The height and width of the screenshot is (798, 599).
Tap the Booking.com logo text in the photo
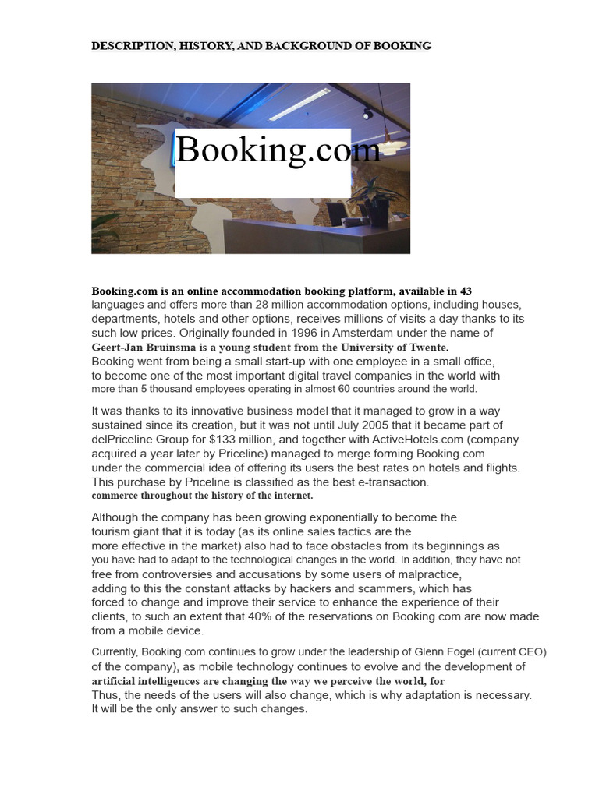pyautogui.click(x=278, y=149)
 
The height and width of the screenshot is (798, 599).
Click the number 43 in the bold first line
pyautogui.click(x=466, y=291)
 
